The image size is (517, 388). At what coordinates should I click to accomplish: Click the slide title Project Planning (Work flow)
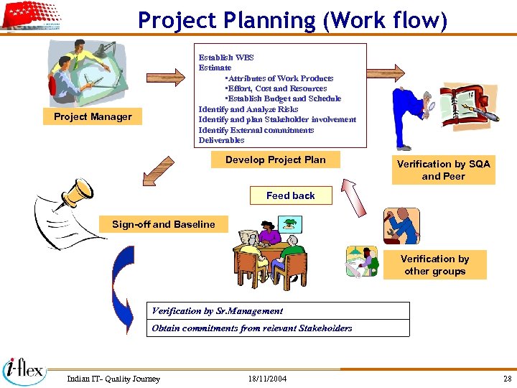pyautogui.click(x=292, y=20)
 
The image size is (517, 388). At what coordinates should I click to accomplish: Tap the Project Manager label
pyautogui.click(x=93, y=116)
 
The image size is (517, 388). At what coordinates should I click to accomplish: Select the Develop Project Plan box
pyautogui.click(x=275, y=160)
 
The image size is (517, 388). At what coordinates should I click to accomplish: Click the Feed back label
pyautogui.click(x=290, y=195)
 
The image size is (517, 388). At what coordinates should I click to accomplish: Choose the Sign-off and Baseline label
pyautogui.click(x=163, y=224)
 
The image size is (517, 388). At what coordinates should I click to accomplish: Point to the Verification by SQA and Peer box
pyautogui.click(x=443, y=170)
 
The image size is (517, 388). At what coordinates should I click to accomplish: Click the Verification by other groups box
pyautogui.click(x=434, y=264)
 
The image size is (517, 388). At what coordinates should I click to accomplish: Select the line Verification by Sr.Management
pyautogui.click(x=218, y=311)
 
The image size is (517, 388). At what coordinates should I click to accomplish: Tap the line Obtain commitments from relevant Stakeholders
pyautogui.click(x=252, y=328)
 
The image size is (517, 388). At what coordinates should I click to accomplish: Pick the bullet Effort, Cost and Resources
pyautogui.click(x=276, y=88)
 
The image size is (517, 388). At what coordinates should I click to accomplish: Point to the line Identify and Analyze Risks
pyautogui.click(x=248, y=109)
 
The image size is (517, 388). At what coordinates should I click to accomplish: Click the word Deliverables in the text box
pyautogui.click(x=222, y=140)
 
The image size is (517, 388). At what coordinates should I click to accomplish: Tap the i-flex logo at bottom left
pyautogui.click(x=24, y=371)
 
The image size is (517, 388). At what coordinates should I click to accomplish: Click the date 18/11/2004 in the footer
pyautogui.click(x=267, y=379)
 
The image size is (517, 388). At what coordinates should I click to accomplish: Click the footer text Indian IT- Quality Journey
pyautogui.click(x=113, y=379)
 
